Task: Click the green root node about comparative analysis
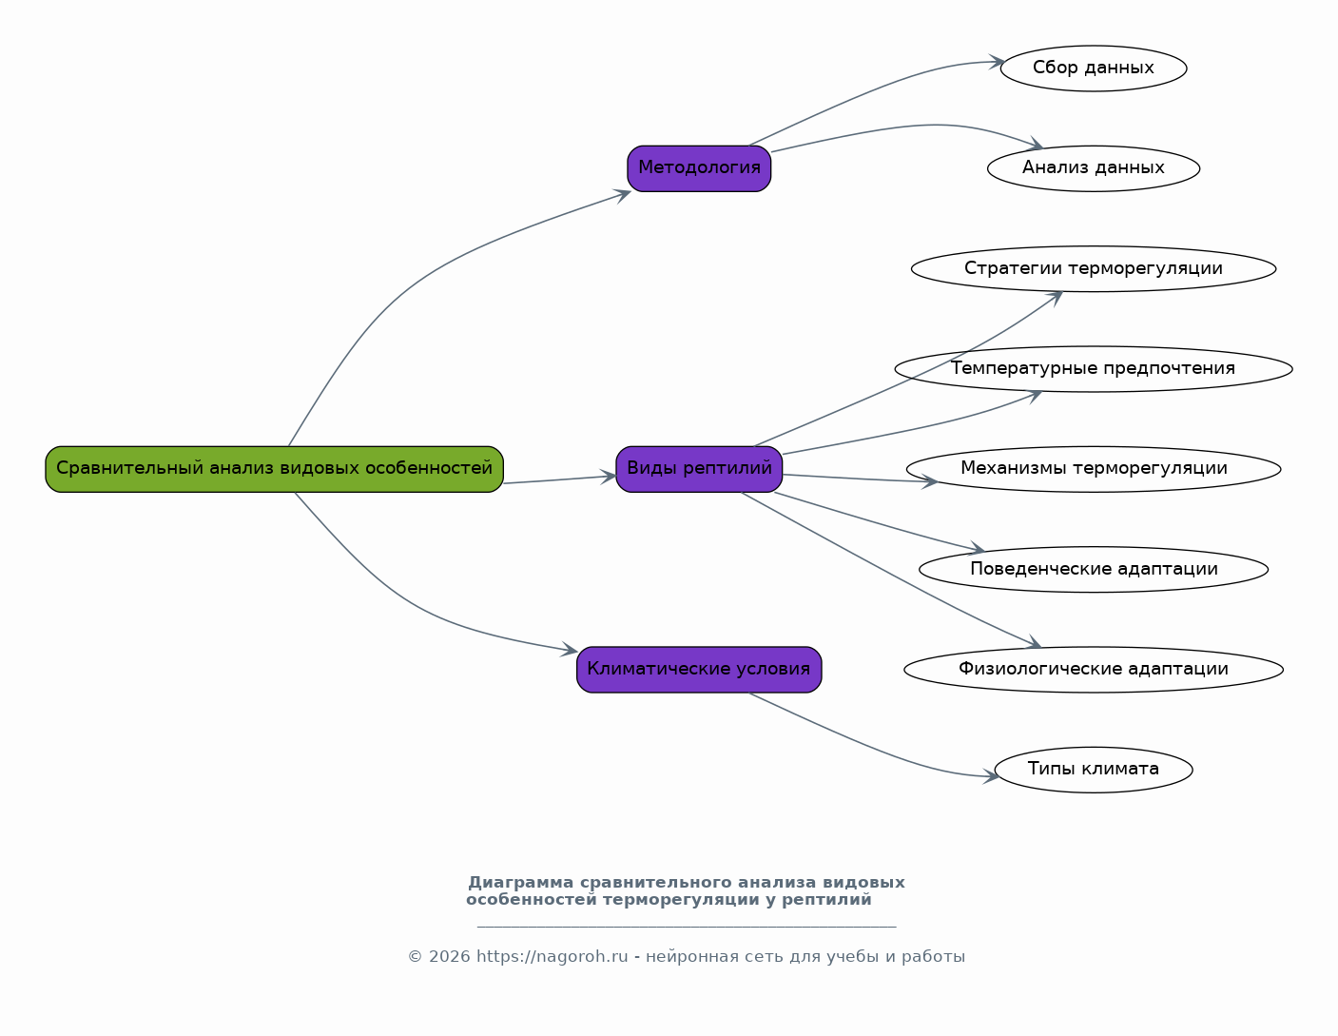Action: pos(274,469)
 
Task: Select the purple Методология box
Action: pos(699,168)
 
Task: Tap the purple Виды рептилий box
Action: pos(699,469)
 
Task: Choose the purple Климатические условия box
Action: pos(699,670)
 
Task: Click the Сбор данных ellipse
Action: pos(1094,68)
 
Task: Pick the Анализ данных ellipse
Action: pos(1094,168)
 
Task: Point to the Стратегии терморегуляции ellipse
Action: pos(1094,269)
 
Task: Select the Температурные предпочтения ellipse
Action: pos(1094,369)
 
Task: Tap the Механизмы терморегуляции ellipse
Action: pos(1094,469)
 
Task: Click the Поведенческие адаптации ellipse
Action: pos(1094,570)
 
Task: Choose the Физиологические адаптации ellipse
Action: pos(1094,670)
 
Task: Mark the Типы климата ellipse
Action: pos(1094,770)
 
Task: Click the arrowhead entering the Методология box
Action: pos(623,196)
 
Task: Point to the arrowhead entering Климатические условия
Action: pos(570,650)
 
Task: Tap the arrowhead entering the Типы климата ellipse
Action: pos(990,776)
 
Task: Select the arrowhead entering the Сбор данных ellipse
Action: pos(997,62)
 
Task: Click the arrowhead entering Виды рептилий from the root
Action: pos(609,477)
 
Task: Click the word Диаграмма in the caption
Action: pos(520,883)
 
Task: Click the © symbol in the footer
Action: pos(415,957)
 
